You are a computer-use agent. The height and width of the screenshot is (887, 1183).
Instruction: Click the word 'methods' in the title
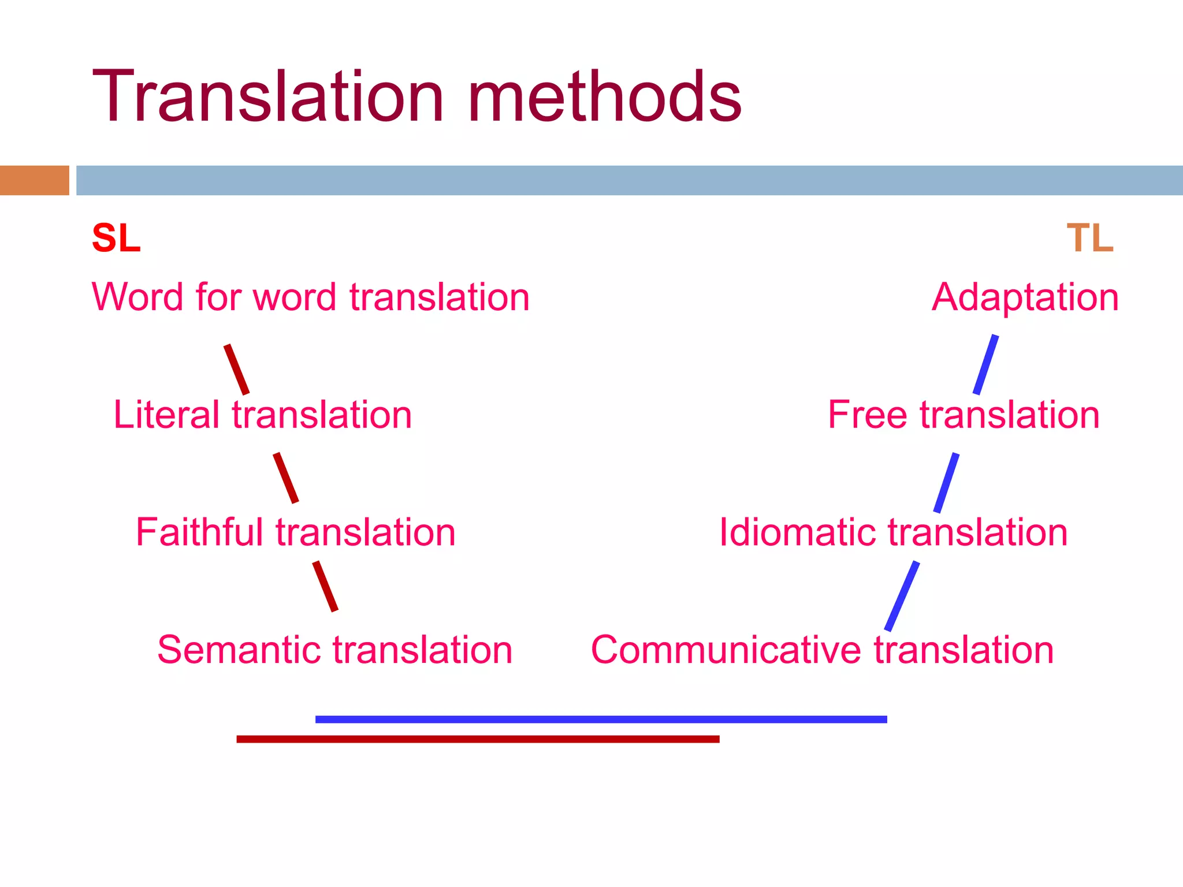[x=605, y=96]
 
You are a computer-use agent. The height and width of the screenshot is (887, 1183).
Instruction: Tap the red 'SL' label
[x=116, y=238]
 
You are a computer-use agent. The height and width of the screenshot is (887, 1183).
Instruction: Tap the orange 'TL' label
[x=1090, y=238]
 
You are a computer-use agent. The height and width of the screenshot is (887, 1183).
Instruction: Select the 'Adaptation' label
[x=1025, y=297]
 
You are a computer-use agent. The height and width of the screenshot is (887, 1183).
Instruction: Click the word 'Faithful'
[x=199, y=532]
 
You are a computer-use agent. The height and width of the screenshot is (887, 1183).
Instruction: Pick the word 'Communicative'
[x=727, y=650]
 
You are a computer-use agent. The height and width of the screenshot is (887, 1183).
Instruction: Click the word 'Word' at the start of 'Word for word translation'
[x=138, y=297]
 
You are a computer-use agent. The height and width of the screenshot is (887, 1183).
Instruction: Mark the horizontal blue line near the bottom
[x=601, y=720]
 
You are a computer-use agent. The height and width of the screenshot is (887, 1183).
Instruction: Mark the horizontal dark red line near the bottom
[x=478, y=739]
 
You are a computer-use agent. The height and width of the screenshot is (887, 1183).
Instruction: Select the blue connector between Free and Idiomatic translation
[x=947, y=483]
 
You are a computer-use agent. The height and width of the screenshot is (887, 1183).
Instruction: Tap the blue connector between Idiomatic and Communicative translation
[x=902, y=596]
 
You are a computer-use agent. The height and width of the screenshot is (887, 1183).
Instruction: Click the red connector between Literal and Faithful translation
[x=286, y=478]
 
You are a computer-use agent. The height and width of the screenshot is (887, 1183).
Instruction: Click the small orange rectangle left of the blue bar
[x=35, y=180]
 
